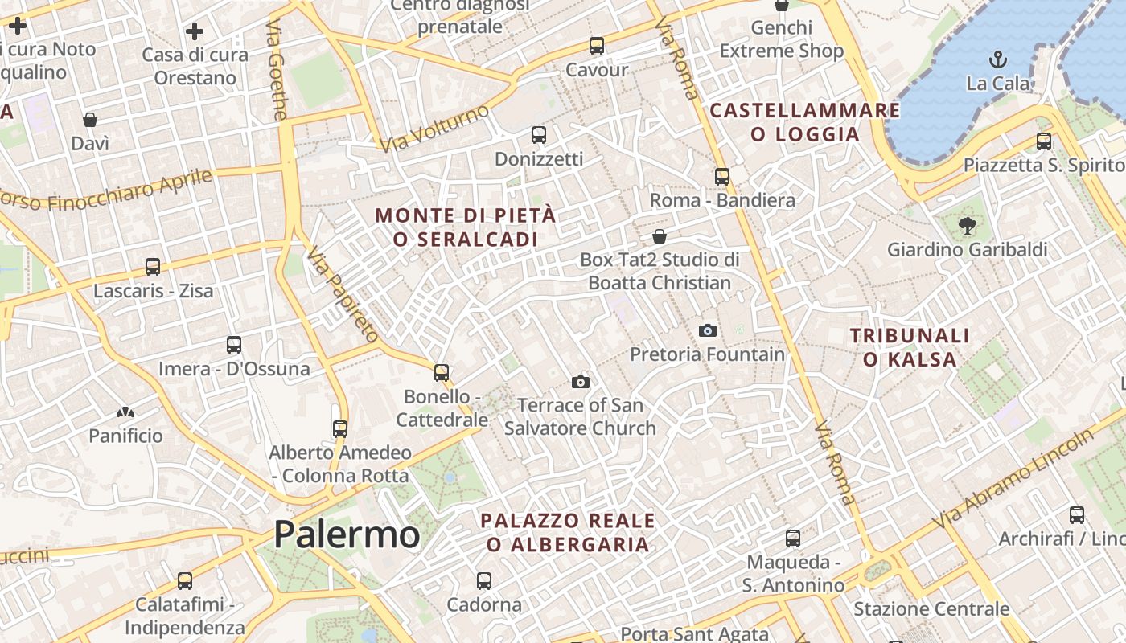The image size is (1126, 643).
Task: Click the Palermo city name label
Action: (347, 534)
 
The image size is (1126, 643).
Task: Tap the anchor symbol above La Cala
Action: (997, 59)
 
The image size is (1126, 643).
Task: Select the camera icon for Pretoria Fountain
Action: (708, 330)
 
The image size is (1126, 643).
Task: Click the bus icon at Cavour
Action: (596, 46)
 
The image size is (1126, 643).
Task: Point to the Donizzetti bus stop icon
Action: (539, 135)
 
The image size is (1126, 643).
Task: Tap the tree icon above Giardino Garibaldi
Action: (967, 226)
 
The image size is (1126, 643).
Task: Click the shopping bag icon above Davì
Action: (90, 120)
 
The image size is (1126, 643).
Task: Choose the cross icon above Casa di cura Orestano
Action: (195, 31)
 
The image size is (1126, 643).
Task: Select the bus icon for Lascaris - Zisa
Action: (153, 266)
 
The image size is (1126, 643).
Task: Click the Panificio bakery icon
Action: (125, 412)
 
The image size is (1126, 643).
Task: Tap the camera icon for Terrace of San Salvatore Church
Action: (581, 382)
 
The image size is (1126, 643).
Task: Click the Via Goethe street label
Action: (276, 70)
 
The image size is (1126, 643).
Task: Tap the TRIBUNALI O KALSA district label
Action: (910, 347)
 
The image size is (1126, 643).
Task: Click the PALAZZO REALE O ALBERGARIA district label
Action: (568, 532)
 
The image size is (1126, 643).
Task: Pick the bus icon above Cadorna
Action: (484, 580)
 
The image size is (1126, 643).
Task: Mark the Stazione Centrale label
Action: (931, 608)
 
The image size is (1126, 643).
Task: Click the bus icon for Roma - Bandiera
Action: (722, 177)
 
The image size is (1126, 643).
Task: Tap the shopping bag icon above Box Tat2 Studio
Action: (660, 236)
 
